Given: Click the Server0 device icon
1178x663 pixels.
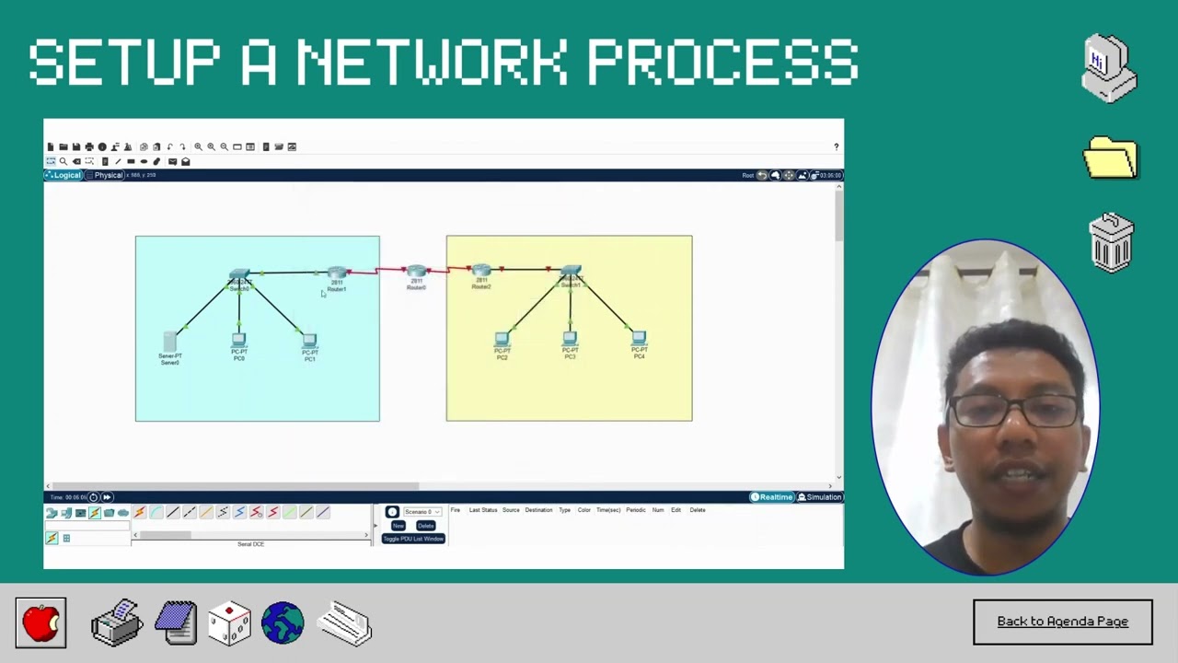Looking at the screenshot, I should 169,342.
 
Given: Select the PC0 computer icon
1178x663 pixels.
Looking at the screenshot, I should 239,340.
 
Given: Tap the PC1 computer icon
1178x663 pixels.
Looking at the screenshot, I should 310,341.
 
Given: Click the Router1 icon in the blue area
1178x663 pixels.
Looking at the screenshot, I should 337,273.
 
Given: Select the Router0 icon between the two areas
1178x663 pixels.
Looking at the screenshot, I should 417,273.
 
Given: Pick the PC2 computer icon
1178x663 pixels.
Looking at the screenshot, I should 502,339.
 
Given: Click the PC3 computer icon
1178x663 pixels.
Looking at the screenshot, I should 570,339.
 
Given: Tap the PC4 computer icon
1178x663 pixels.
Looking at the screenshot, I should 639,339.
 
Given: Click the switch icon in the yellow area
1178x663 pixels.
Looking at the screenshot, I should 571,272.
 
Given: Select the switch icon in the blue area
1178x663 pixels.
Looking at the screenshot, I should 239,275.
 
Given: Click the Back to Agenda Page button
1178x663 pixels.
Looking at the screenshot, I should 1062,622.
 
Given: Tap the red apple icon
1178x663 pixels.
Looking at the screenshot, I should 40,623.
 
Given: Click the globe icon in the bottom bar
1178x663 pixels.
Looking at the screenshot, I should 283,623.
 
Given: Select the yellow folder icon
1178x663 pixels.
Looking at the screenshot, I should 1111,157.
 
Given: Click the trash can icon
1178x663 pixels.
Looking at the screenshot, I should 1112,243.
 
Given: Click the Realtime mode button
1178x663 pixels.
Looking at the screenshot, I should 772,497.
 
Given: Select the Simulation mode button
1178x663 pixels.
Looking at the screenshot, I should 820,497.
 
